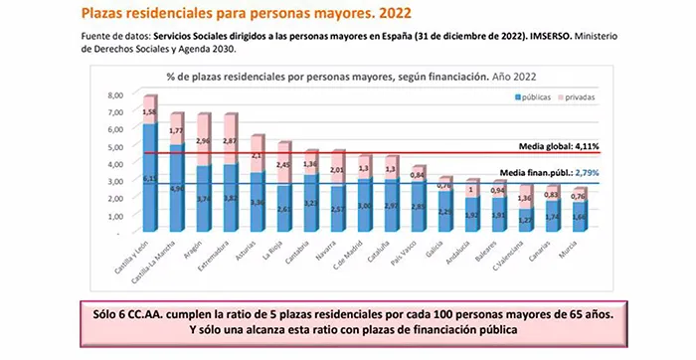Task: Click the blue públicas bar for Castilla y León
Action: pos(150,179)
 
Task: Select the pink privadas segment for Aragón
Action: pos(204,140)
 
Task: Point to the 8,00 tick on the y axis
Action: pos(115,94)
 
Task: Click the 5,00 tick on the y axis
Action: pos(115,146)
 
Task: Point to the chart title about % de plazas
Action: pos(328,75)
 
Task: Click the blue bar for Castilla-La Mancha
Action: pos(177,189)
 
